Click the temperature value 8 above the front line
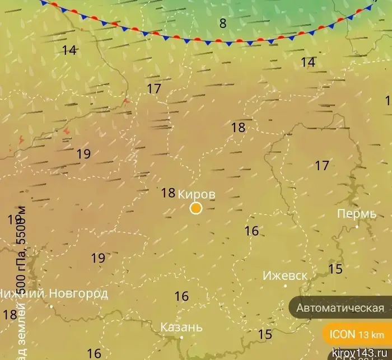223,24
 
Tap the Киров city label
196,194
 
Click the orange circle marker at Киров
196,208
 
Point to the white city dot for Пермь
357,227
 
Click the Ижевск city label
285,276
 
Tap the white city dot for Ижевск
285,286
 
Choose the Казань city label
181,327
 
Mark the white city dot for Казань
181,338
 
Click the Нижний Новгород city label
54,293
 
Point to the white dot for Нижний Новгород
51,306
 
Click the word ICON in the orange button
342,335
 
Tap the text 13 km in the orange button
371,335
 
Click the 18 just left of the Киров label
168,193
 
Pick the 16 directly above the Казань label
181,297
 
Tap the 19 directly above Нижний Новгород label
98,258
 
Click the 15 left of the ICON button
265,335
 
